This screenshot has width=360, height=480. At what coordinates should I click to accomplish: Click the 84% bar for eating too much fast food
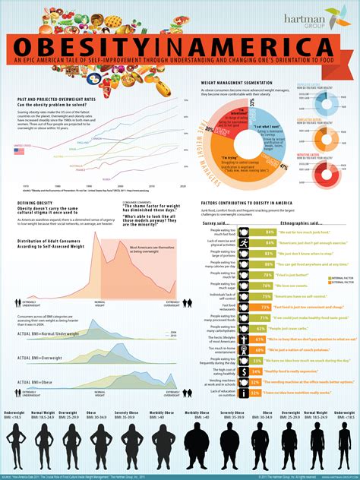point(267,230)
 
